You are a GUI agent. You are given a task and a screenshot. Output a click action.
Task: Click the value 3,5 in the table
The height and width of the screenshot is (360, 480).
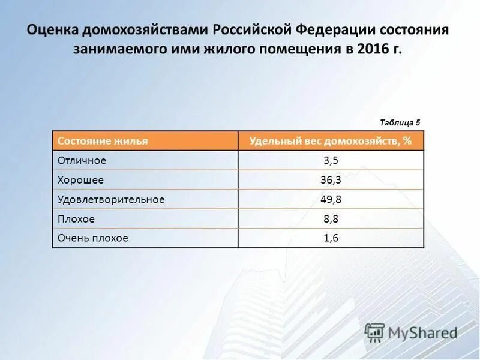[x=331, y=160]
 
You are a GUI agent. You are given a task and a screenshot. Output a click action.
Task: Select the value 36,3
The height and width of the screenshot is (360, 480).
[x=331, y=180]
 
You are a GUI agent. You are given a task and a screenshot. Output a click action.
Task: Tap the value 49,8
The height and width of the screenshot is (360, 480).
[x=331, y=199]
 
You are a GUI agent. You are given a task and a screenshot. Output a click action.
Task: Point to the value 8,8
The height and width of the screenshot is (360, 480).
[x=331, y=219]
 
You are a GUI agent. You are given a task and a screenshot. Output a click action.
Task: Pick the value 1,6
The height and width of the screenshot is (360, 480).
[x=331, y=238]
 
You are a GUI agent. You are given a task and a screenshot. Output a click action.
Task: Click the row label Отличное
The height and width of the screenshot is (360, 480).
[x=82, y=160]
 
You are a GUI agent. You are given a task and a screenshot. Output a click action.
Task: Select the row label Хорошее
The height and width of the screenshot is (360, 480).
[x=80, y=180]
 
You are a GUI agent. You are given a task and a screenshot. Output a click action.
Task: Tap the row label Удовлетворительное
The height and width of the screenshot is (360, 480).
[x=110, y=199]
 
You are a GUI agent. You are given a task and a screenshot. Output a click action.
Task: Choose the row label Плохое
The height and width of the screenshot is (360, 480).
[x=76, y=219]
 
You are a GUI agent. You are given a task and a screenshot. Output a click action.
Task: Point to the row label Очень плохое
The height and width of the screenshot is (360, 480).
[x=93, y=238]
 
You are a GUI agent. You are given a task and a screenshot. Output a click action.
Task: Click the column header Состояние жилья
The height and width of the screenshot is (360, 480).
[x=103, y=141]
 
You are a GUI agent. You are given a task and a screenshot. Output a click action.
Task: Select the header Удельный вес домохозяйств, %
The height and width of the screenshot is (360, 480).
[x=331, y=141]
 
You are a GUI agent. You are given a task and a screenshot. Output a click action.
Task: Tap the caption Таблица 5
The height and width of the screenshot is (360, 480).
[x=400, y=122]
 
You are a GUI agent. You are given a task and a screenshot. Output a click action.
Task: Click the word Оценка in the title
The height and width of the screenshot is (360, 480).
[x=53, y=30]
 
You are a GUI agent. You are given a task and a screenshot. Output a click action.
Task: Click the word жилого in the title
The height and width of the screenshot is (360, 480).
[x=229, y=49]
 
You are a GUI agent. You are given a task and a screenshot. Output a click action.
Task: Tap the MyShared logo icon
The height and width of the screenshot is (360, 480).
[x=375, y=332]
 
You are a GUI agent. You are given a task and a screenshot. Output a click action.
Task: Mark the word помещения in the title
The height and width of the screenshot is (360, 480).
[x=299, y=49]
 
